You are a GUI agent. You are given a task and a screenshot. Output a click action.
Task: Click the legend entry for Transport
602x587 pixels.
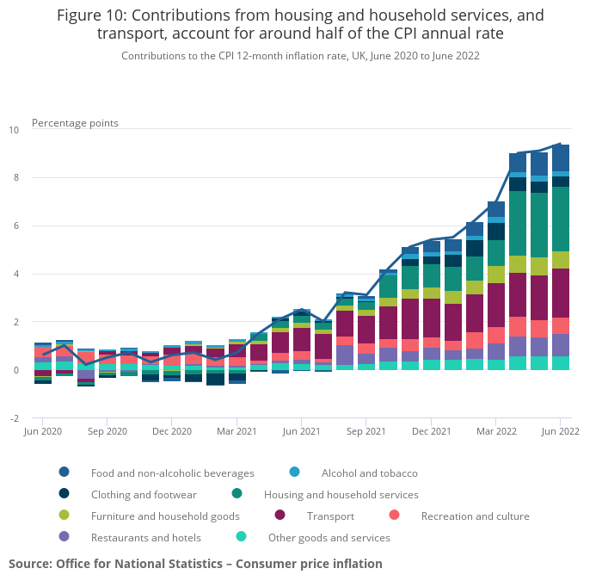tap(330, 516)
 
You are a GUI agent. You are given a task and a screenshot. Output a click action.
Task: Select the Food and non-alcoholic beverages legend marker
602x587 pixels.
tap(64, 473)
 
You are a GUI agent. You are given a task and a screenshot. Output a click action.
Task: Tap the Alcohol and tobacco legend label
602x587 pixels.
tap(369, 473)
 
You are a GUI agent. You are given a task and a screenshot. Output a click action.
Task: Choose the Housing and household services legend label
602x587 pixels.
tap(341, 495)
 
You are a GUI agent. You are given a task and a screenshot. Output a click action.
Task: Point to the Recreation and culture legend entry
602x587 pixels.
tap(475, 516)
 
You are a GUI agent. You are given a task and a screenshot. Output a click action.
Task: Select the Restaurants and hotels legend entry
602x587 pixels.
tap(145, 538)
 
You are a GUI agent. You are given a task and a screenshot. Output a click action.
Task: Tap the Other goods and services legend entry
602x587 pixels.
tap(329, 538)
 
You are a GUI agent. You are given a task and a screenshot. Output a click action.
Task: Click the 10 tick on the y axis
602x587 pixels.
tap(14, 130)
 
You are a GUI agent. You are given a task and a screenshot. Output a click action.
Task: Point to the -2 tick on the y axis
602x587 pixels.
tap(14, 418)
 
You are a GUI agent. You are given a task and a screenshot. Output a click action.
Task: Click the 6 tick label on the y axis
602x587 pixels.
tap(15, 226)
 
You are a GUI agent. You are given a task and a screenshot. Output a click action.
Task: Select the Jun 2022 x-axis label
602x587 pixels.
tap(559, 430)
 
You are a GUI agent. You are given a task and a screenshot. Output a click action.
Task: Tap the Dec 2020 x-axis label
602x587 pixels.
tap(172, 430)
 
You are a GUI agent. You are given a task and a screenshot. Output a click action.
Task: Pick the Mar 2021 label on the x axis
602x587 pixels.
tap(236, 430)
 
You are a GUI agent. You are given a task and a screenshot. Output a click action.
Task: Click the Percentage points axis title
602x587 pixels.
tap(75, 123)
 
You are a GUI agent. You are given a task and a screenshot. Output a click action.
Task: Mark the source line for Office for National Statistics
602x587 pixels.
tap(195, 564)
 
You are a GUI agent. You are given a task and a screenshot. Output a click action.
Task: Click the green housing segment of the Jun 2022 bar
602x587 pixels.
tap(561, 219)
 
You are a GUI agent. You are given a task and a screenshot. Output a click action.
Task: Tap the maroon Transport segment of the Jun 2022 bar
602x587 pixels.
tap(561, 293)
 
